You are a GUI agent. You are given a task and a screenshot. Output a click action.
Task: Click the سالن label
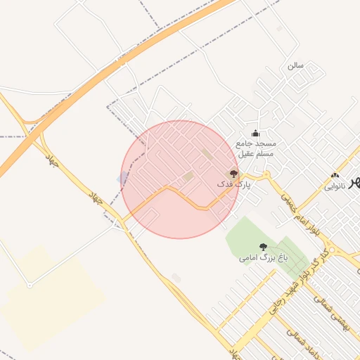(295, 65)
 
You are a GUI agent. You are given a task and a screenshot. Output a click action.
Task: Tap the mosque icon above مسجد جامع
(255, 134)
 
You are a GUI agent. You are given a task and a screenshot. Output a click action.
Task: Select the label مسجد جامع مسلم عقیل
(255, 148)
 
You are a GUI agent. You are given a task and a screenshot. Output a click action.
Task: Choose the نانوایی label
(335, 187)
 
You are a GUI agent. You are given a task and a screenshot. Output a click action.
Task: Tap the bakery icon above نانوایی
(335, 176)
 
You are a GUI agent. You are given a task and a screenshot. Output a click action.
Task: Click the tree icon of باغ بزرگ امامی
(263, 247)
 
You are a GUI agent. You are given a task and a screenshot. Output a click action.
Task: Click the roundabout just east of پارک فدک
(266, 176)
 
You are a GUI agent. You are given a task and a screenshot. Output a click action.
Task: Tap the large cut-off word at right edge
(354, 183)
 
